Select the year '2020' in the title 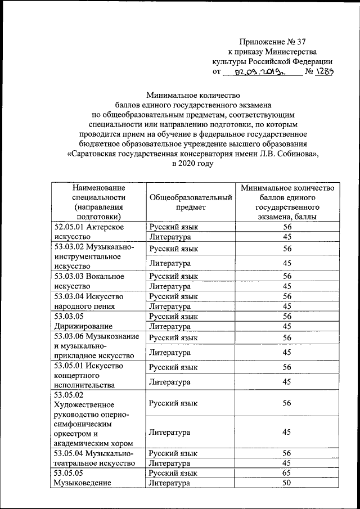(183, 164)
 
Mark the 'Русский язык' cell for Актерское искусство (174, 227)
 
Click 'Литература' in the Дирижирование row (170, 326)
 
